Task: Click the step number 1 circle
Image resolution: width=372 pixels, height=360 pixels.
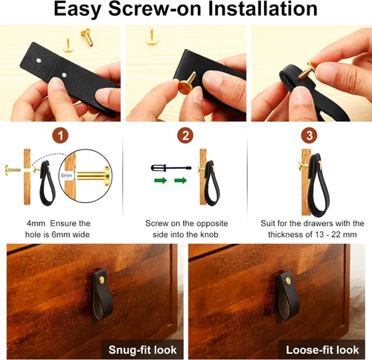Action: (60, 135)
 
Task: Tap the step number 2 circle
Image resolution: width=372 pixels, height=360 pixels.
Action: (185, 135)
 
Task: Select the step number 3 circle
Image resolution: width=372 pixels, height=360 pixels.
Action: (309, 135)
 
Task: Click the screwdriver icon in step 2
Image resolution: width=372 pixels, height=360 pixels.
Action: (171, 168)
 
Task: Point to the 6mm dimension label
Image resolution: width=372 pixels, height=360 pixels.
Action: (66, 176)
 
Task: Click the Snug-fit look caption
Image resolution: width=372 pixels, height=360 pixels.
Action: (142, 350)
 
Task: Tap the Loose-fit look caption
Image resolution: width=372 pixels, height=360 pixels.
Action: (322, 350)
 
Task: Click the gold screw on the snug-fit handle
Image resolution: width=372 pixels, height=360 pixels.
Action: (102, 280)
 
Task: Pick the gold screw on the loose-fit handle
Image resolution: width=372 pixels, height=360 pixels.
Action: (288, 280)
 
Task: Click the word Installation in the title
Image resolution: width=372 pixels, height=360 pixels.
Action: (263, 8)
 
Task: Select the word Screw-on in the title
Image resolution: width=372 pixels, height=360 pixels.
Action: (155, 8)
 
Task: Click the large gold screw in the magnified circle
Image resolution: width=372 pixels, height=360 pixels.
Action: (93, 176)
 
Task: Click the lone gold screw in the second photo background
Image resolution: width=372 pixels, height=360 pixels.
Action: (151, 36)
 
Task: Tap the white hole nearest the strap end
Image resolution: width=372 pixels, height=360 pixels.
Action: (39, 60)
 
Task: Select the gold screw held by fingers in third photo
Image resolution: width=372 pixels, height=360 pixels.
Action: (307, 71)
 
